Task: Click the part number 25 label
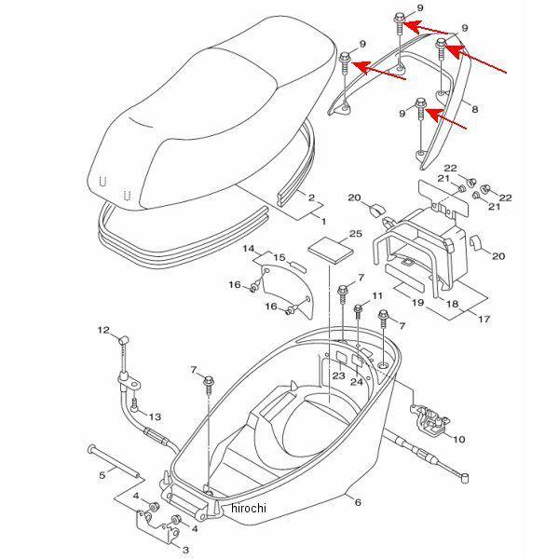coord(356,234)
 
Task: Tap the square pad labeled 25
coord(331,251)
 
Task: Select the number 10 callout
coord(458,439)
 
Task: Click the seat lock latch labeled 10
coord(429,419)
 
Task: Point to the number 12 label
coord(103,330)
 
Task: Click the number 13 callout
coord(155,416)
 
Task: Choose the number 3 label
coord(185,550)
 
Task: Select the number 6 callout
coord(358,502)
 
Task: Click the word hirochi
coord(249,508)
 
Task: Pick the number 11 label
coord(377,295)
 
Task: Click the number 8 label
coord(474,109)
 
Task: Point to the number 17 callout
coord(484,319)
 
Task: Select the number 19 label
coord(417,303)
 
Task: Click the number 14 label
coord(249,249)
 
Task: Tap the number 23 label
coord(339,375)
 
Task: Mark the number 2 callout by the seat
coord(311,198)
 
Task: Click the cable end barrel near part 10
coord(465,478)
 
